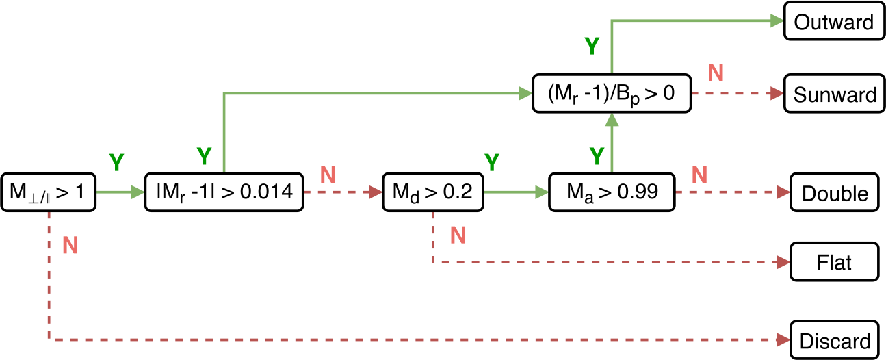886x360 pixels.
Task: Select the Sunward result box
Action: point(835,94)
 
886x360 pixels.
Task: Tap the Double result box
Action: point(835,193)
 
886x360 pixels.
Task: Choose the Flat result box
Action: point(834,262)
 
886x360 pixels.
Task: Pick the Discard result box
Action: point(835,340)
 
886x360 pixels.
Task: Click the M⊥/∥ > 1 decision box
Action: point(49,192)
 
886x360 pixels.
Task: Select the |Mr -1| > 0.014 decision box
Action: point(224,192)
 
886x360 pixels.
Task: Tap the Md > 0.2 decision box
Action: point(432,192)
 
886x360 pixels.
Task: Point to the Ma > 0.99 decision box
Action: point(612,192)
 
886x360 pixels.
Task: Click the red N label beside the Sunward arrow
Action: point(716,73)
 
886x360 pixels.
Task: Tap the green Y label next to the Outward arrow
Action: point(592,47)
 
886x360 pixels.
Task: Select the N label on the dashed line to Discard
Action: point(70,245)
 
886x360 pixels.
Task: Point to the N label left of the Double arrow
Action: point(699,175)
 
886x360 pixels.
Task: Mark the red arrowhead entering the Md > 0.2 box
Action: point(376,192)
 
